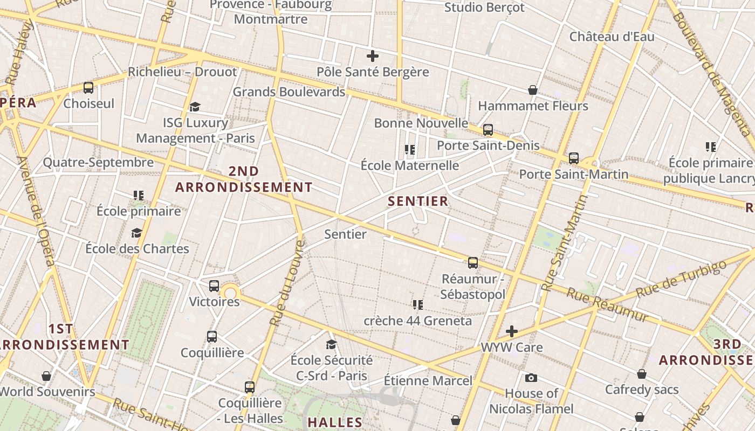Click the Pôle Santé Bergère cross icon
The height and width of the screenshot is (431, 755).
[x=372, y=56]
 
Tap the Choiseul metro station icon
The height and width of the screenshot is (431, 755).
[x=88, y=87]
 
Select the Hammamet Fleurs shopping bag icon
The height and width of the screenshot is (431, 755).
[x=532, y=90]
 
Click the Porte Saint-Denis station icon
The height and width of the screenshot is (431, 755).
[x=488, y=130]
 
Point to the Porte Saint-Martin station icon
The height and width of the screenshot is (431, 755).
[x=574, y=158]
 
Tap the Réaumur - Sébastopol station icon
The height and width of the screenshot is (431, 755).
[x=473, y=263]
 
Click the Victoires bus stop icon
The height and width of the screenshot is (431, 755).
[x=214, y=286]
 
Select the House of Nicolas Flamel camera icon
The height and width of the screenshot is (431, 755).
[x=531, y=378]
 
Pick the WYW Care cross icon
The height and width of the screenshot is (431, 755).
[x=512, y=331]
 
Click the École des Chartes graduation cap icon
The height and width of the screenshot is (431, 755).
[x=137, y=233]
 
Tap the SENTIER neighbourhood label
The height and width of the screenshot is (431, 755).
[x=418, y=201]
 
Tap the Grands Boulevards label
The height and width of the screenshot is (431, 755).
[x=289, y=92]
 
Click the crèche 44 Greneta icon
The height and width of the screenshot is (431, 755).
[x=417, y=305]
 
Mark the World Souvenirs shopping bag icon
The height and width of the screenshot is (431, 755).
[x=46, y=376]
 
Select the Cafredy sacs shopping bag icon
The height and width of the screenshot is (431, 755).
[x=642, y=373]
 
